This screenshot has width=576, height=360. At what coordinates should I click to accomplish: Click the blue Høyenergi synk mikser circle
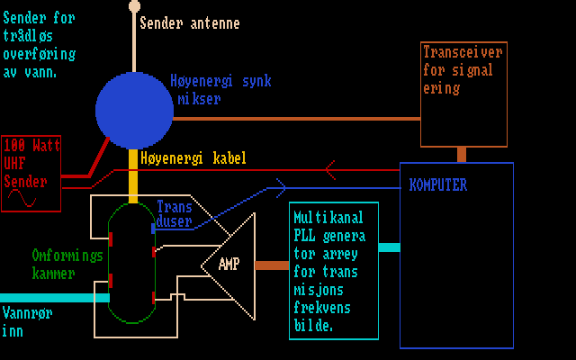click(134, 110)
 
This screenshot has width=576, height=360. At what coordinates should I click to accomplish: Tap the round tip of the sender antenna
click(135, 6)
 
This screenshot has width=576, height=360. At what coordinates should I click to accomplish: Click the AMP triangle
click(229, 265)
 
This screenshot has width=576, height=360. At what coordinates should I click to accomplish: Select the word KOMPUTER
click(438, 185)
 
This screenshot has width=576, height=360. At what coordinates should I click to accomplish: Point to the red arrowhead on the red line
click(330, 169)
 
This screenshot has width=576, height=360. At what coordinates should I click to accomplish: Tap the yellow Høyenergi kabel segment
click(133, 175)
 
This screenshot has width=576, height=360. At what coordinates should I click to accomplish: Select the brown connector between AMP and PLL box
click(272, 265)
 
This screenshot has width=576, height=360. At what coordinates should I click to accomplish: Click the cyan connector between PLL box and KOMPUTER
click(389, 247)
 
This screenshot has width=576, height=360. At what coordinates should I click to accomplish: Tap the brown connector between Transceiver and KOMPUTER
click(462, 154)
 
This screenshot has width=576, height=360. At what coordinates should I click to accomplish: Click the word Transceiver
click(463, 52)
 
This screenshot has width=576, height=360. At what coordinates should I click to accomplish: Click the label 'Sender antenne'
click(189, 23)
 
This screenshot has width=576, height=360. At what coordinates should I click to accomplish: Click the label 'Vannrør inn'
click(24, 322)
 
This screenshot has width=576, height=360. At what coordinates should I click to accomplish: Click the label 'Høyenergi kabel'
click(193, 157)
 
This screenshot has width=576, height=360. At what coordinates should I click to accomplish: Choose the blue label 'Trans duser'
click(174, 212)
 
